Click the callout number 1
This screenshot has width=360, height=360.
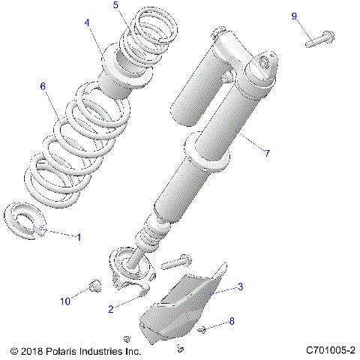(x=79, y=236)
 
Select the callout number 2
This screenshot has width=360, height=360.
(x=110, y=308)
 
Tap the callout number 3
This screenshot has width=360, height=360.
(x=240, y=286)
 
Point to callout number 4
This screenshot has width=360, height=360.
(x=88, y=23)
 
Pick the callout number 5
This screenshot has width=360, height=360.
(x=115, y=5)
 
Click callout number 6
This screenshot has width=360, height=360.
(x=43, y=86)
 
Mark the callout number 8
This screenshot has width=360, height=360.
(x=231, y=321)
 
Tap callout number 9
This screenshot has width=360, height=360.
(x=294, y=16)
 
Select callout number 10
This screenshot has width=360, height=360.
(x=65, y=301)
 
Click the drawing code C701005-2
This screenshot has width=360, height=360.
(x=329, y=350)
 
